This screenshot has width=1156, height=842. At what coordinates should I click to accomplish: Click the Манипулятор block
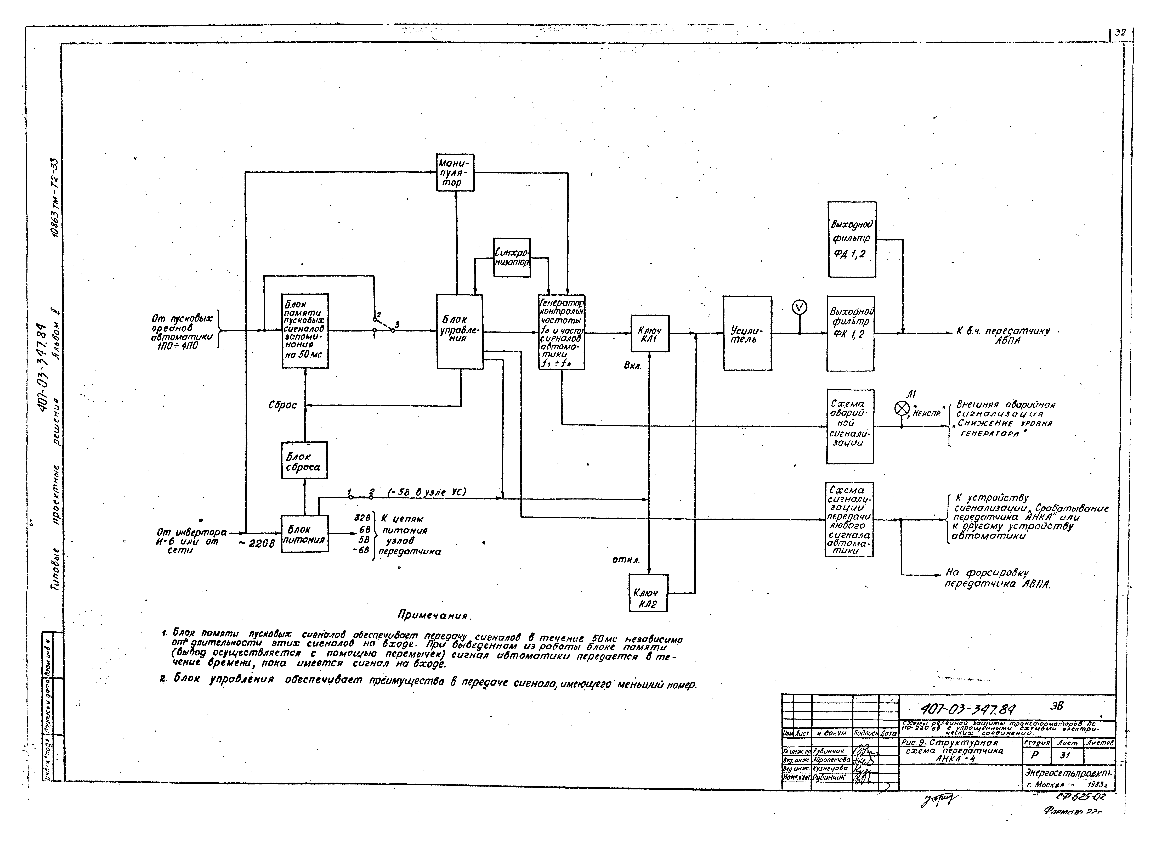pyautogui.click(x=455, y=172)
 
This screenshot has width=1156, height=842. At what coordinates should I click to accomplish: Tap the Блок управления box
pyautogui.click(x=460, y=332)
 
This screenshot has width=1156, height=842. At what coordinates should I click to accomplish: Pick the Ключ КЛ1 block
pyautogui.click(x=650, y=334)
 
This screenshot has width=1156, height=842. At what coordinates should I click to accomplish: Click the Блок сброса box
pyautogui.click(x=304, y=461)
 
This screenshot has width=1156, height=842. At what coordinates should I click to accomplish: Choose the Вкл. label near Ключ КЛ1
pyautogui.click(x=633, y=366)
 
